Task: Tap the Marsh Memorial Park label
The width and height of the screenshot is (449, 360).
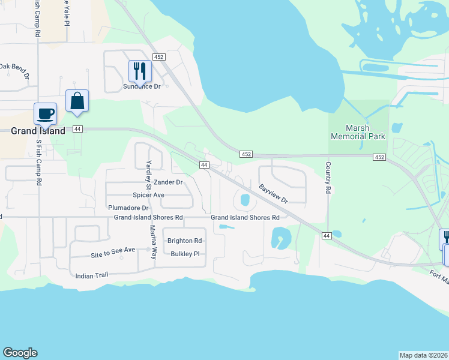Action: pos(357,131)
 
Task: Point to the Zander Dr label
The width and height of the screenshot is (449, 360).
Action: pos(167,182)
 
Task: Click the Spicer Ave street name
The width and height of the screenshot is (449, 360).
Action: pos(148,195)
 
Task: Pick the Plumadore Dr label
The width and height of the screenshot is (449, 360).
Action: pos(128,208)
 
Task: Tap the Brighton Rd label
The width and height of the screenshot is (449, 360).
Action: pos(184,241)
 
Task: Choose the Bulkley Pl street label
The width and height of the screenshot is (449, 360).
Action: pos(185,254)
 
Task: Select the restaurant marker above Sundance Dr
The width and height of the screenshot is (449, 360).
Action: pos(140,71)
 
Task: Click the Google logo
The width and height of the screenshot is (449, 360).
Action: pos(20,353)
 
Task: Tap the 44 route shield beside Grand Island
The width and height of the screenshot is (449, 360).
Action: pos(77,129)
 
